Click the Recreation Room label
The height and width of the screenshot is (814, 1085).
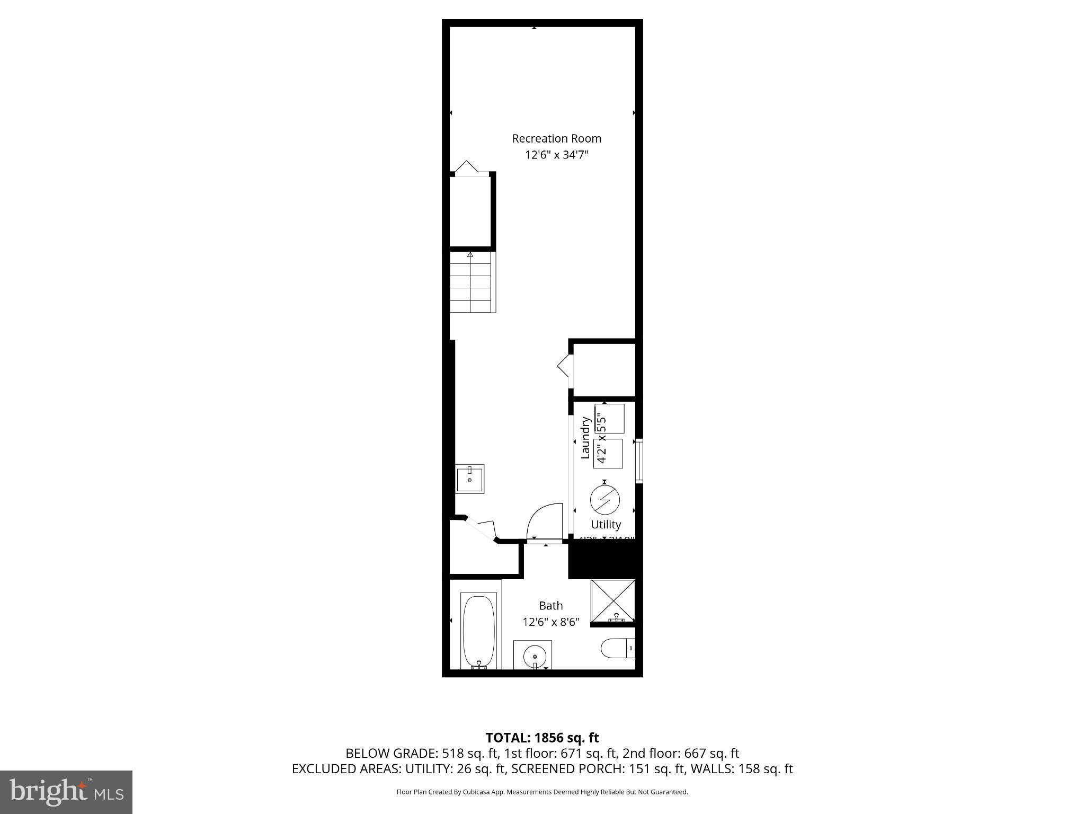556,138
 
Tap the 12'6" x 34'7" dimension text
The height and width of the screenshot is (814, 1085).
556,155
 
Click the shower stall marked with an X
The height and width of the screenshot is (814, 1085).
613,600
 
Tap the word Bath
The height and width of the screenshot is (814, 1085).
550,605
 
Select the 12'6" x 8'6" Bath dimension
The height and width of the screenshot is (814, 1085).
550,622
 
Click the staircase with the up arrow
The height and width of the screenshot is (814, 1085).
471,282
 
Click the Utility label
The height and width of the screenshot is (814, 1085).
606,525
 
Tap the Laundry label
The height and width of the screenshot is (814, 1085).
585,438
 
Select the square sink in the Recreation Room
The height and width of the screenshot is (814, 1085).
470,479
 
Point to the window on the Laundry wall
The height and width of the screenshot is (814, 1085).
639,461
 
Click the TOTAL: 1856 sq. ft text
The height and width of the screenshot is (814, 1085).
542,738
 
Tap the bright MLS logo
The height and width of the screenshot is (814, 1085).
66,792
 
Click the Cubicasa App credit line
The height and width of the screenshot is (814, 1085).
542,792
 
